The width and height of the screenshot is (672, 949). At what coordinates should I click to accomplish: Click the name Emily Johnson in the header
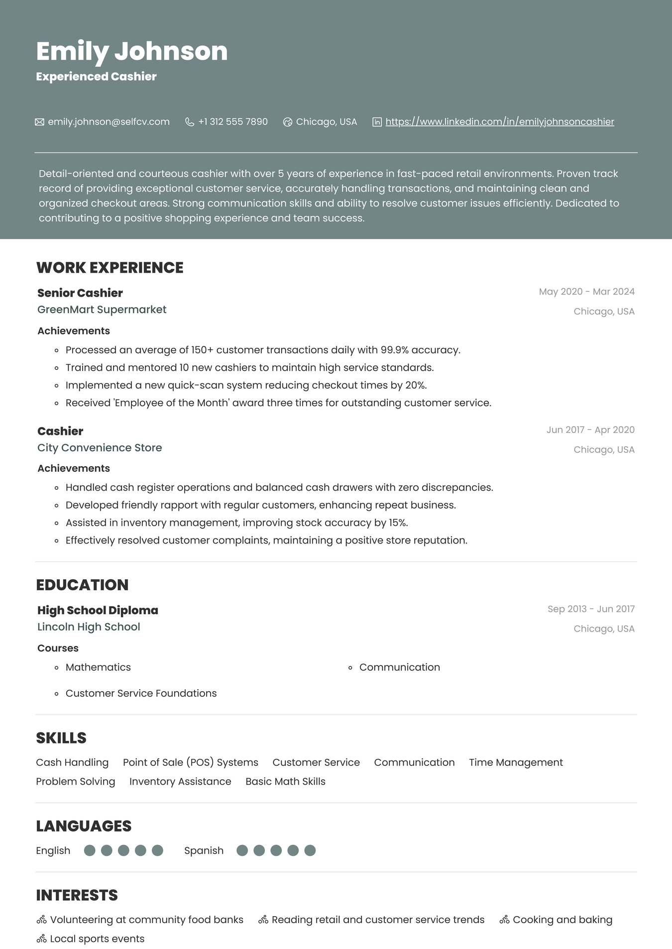(x=132, y=51)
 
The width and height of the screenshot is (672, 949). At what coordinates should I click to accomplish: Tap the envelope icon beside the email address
(x=39, y=122)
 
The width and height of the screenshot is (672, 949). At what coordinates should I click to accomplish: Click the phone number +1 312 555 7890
(x=232, y=122)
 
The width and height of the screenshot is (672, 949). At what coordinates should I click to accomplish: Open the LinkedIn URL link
(x=499, y=122)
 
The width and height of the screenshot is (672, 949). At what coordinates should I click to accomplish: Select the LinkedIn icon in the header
(x=377, y=122)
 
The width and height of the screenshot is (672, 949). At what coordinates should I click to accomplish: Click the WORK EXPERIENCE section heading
(x=110, y=268)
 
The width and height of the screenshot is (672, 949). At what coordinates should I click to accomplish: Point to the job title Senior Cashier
(x=80, y=293)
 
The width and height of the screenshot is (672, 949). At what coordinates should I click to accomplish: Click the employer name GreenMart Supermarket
(x=102, y=310)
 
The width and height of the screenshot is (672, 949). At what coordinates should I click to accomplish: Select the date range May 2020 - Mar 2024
(x=586, y=292)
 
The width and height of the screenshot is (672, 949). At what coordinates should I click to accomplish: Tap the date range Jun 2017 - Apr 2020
(x=590, y=430)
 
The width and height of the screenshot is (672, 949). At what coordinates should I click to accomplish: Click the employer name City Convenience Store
(x=100, y=448)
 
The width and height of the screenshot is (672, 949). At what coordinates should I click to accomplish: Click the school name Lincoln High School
(x=89, y=627)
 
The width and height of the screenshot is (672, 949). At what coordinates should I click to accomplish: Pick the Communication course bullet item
(x=399, y=667)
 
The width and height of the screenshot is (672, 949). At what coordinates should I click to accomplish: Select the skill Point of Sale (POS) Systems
(x=190, y=762)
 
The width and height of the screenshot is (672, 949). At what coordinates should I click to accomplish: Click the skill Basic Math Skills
(x=285, y=782)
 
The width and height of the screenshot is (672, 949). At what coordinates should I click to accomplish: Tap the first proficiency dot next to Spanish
(x=242, y=850)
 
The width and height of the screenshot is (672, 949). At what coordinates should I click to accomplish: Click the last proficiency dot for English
(x=157, y=850)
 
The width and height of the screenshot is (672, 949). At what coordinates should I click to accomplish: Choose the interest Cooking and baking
(x=562, y=920)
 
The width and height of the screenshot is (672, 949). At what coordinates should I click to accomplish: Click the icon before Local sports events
(x=41, y=939)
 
